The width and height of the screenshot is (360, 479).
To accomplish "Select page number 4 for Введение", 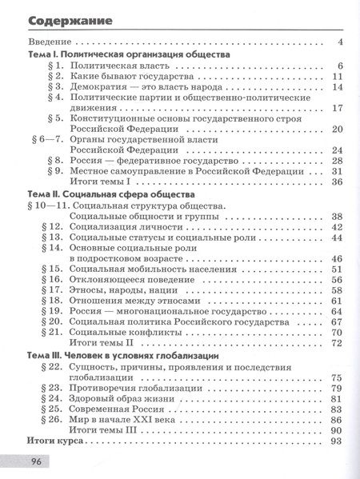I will (340, 42).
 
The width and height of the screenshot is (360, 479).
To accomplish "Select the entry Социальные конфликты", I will (125, 332).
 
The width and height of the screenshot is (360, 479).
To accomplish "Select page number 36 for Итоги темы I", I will (336, 182).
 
